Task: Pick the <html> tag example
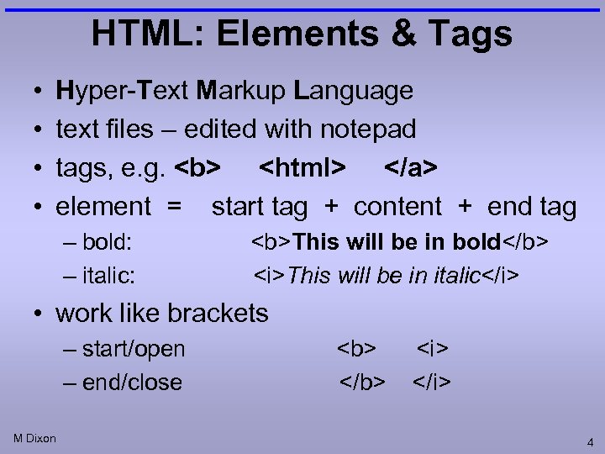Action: (302, 168)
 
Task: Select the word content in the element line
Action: (397, 207)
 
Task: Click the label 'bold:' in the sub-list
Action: (108, 243)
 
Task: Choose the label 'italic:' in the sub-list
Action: (108, 275)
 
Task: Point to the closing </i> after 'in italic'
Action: (505, 275)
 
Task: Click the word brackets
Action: (218, 314)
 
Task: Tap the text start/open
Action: (134, 349)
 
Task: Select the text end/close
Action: (132, 383)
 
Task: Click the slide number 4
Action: (591, 441)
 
